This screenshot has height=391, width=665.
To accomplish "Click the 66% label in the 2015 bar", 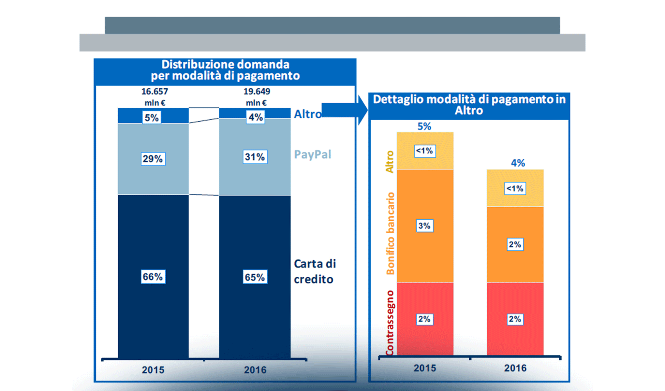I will [x=153, y=277].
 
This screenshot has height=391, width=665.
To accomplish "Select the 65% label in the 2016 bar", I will [x=255, y=277].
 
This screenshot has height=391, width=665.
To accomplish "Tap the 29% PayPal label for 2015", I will [x=153, y=159].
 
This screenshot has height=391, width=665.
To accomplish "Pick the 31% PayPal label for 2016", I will [x=255, y=157].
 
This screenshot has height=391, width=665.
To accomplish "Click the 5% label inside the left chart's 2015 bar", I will [x=152, y=117].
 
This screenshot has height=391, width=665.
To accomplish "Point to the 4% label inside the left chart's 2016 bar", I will [x=255, y=117].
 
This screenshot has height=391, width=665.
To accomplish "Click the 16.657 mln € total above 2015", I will [x=155, y=96].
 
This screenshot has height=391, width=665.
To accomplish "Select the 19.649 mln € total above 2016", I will [x=257, y=96].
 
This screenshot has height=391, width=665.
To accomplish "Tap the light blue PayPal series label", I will [x=312, y=154].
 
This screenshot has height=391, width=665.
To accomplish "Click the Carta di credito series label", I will [x=315, y=271].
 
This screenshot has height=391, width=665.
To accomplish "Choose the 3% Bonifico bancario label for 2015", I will [x=424, y=225].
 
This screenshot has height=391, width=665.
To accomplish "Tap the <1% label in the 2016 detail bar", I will [x=515, y=188].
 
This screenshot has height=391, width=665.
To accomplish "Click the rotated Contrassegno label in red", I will [x=390, y=323].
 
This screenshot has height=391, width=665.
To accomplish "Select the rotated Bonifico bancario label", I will [x=390, y=233].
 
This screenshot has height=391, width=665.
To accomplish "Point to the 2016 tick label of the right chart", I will [x=515, y=368].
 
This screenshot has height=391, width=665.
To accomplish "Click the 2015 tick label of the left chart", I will [x=153, y=370].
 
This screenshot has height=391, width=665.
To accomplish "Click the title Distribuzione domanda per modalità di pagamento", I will [x=225, y=70].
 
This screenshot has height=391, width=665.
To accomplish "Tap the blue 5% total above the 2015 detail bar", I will [x=424, y=126].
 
